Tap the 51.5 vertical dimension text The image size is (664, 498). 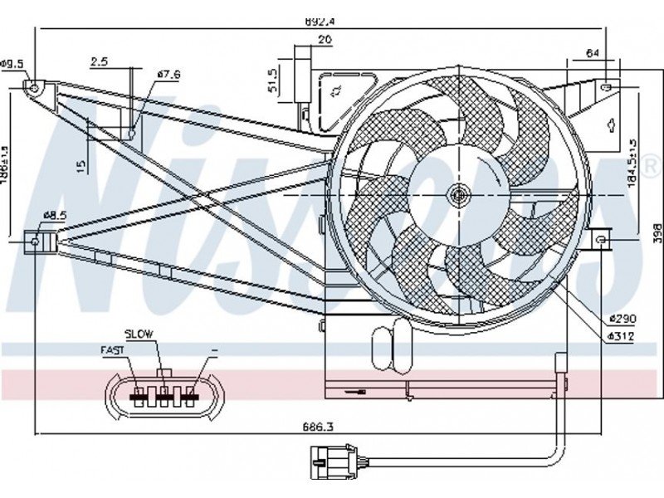(272, 81)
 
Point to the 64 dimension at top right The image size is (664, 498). (592, 53)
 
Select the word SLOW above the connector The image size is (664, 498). (139, 333)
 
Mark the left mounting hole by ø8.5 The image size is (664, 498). (35, 242)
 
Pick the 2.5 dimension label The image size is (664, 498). (100, 61)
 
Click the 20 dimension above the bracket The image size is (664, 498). (325, 39)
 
